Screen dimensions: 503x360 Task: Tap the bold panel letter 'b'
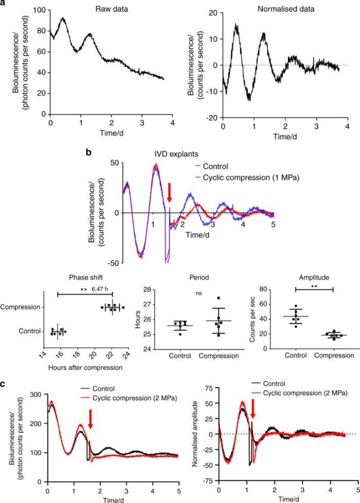pyautogui.click(x=88, y=153)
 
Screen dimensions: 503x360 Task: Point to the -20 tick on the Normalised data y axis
pyautogui.click(x=211, y=118)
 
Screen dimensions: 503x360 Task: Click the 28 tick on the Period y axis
pyautogui.click(x=150, y=290)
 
